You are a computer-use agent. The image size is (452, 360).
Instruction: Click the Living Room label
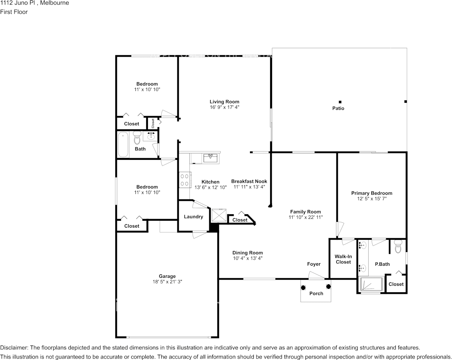tap(224, 102)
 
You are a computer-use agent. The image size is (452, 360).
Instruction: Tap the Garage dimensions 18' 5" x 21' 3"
tap(167, 282)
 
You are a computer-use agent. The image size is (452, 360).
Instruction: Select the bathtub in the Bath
tap(123, 145)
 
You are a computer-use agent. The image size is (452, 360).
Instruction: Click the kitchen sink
tap(210, 157)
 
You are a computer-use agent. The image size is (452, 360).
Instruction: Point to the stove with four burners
tap(185, 180)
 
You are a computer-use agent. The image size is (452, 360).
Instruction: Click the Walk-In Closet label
tap(343, 259)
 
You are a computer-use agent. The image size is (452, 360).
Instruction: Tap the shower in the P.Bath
tap(371, 284)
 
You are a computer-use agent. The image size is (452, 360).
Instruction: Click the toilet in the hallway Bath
tap(137, 138)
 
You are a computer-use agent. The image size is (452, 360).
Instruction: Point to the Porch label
tap(316, 293)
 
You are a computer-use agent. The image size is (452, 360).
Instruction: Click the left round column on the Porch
tap(304, 288)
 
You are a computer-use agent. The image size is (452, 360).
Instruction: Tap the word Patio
tap(338, 108)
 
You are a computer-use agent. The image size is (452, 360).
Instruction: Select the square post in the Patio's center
tap(340, 102)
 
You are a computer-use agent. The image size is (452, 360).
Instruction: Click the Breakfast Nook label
tap(249, 182)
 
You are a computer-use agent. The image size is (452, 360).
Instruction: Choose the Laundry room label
tap(193, 217)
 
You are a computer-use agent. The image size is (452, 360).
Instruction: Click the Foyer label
tap(314, 264)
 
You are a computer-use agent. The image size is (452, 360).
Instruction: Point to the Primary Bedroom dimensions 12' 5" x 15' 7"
tap(371, 199)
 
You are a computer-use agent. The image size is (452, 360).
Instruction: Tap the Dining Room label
tap(247, 253)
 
